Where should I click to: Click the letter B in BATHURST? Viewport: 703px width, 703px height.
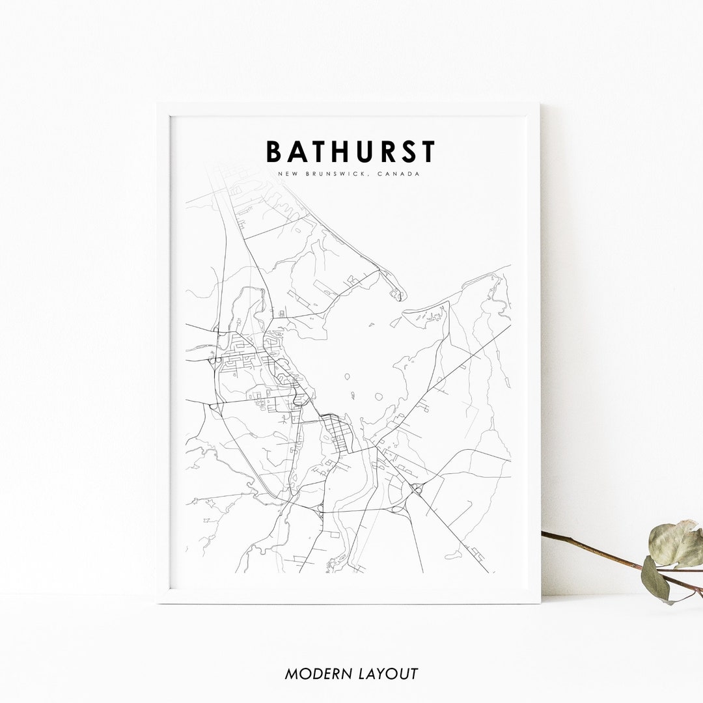click(275, 152)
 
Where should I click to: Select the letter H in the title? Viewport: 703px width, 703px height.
click(343, 152)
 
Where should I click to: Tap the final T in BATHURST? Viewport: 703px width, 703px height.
click(428, 152)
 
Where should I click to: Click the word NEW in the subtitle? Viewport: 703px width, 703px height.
click(284, 174)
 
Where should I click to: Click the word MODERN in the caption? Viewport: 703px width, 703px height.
click(314, 674)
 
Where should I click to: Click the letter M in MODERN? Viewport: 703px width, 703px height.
click(291, 674)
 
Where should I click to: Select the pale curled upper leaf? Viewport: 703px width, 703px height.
click(675, 544)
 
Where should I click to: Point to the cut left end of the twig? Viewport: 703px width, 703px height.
click(544, 534)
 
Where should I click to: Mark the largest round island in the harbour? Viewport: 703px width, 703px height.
click(378, 396)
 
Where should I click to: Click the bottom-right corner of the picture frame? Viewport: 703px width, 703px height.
click(539, 602)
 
